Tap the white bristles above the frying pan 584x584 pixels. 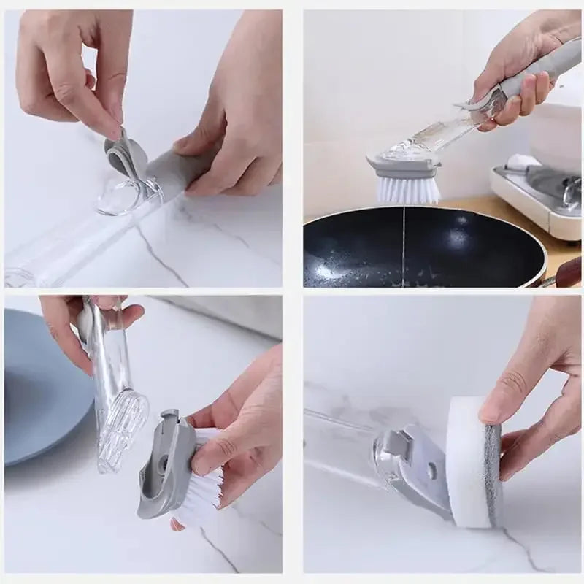[x=407, y=189]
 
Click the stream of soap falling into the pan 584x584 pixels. [x=403, y=241]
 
